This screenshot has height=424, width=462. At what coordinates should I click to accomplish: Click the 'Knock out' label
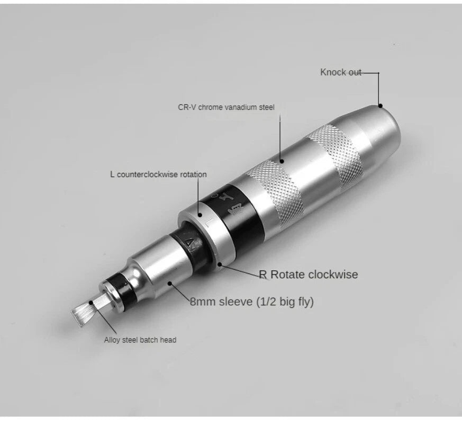[x=341, y=72]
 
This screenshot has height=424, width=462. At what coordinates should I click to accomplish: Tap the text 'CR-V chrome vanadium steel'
[x=226, y=107]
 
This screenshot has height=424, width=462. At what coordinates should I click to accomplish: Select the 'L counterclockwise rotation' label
[x=159, y=174]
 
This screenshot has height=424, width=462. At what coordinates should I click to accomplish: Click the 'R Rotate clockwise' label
[x=309, y=275]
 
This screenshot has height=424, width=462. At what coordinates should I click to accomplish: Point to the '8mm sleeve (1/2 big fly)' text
[x=251, y=302]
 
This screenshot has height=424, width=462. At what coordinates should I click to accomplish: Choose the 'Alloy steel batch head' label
[x=140, y=340]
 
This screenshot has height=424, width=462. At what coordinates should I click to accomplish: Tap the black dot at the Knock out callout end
[x=381, y=105]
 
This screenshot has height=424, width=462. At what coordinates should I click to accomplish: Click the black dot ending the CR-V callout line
[x=282, y=161]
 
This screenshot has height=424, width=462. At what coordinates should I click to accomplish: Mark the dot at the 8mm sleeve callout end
[x=170, y=283]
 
